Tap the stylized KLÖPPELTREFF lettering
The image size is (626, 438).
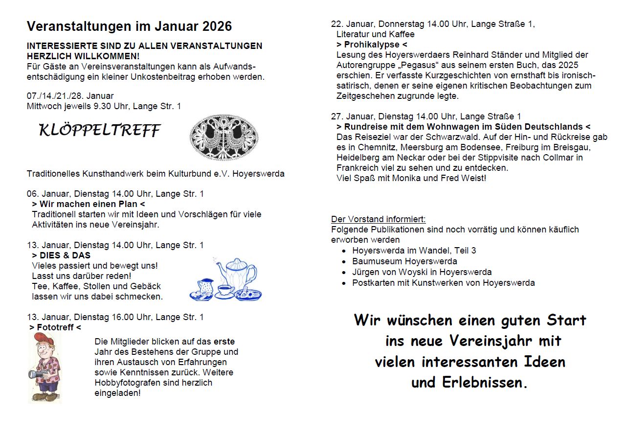pyautogui.click(x=100, y=130)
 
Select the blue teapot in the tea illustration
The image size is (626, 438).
pyautogui.click(x=237, y=274)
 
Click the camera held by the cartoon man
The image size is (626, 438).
pyautogui.click(x=38, y=374)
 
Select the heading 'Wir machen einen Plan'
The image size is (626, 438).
pyautogui.click(x=89, y=204)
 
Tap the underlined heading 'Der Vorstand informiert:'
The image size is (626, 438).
pyautogui.click(x=379, y=219)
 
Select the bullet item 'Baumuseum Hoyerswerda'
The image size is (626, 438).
pyautogui.click(x=404, y=261)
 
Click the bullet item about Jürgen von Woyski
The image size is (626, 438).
pyautogui.click(x=422, y=272)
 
